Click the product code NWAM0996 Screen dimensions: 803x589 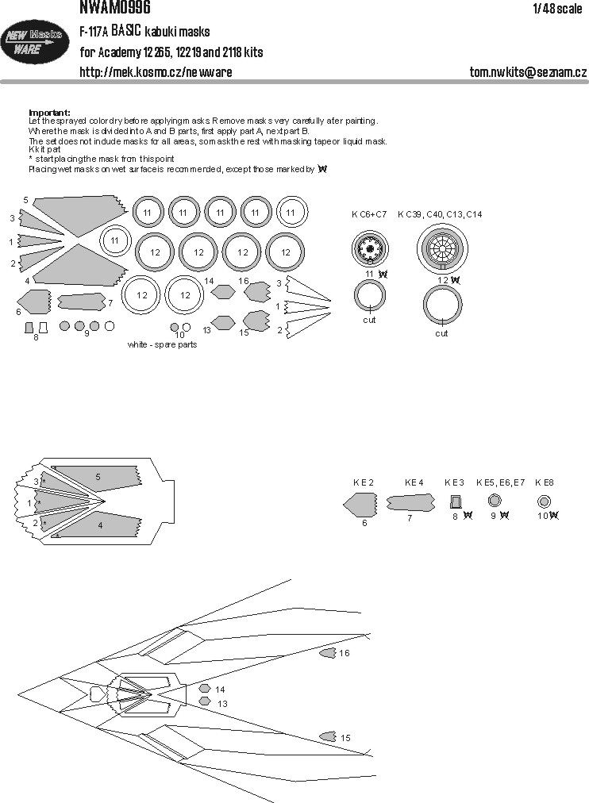[115, 8]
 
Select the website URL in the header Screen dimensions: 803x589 [156, 72]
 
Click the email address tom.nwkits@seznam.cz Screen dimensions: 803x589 [528, 72]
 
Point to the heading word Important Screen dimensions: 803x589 [49, 113]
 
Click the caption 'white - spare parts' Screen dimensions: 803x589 [162, 345]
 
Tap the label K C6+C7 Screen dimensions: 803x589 [369, 214]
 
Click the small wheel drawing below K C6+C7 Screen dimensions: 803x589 [370, 250]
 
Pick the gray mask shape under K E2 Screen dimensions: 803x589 [361, 504]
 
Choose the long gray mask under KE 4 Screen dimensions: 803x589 [410, 502]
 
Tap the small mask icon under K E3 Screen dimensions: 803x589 [456, 501]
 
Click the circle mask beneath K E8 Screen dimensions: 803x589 [545, 501]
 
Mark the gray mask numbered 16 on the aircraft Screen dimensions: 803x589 [326, 653]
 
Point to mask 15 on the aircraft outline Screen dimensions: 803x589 [326, 737]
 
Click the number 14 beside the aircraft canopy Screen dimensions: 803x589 [220, 690]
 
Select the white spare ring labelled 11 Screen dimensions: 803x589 [115, 240]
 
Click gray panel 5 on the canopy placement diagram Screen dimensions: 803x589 [99, 478]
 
